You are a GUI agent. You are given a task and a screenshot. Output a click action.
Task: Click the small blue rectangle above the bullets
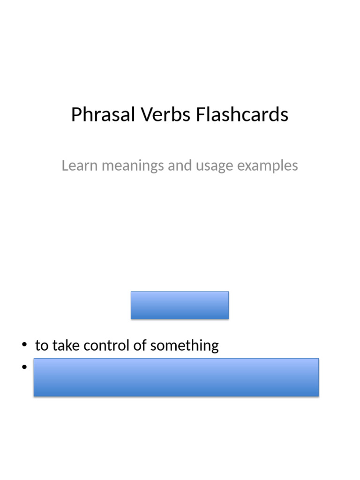pyautogui.click(x=180, y=305)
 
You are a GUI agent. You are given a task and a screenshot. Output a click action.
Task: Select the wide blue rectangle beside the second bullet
pyautogui.click(x=176, y=377)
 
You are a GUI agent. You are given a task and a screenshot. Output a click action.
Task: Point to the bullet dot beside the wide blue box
pyautogui.click(x=24, y=367)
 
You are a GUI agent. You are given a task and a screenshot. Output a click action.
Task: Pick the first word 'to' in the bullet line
pyautogui.click(x=42, y=346)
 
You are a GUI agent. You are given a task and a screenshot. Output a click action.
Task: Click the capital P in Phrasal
pyautogui.click(x=76, y=115)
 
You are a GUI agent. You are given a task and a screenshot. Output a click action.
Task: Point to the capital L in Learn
pyautogui.click(x=65, y=165)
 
